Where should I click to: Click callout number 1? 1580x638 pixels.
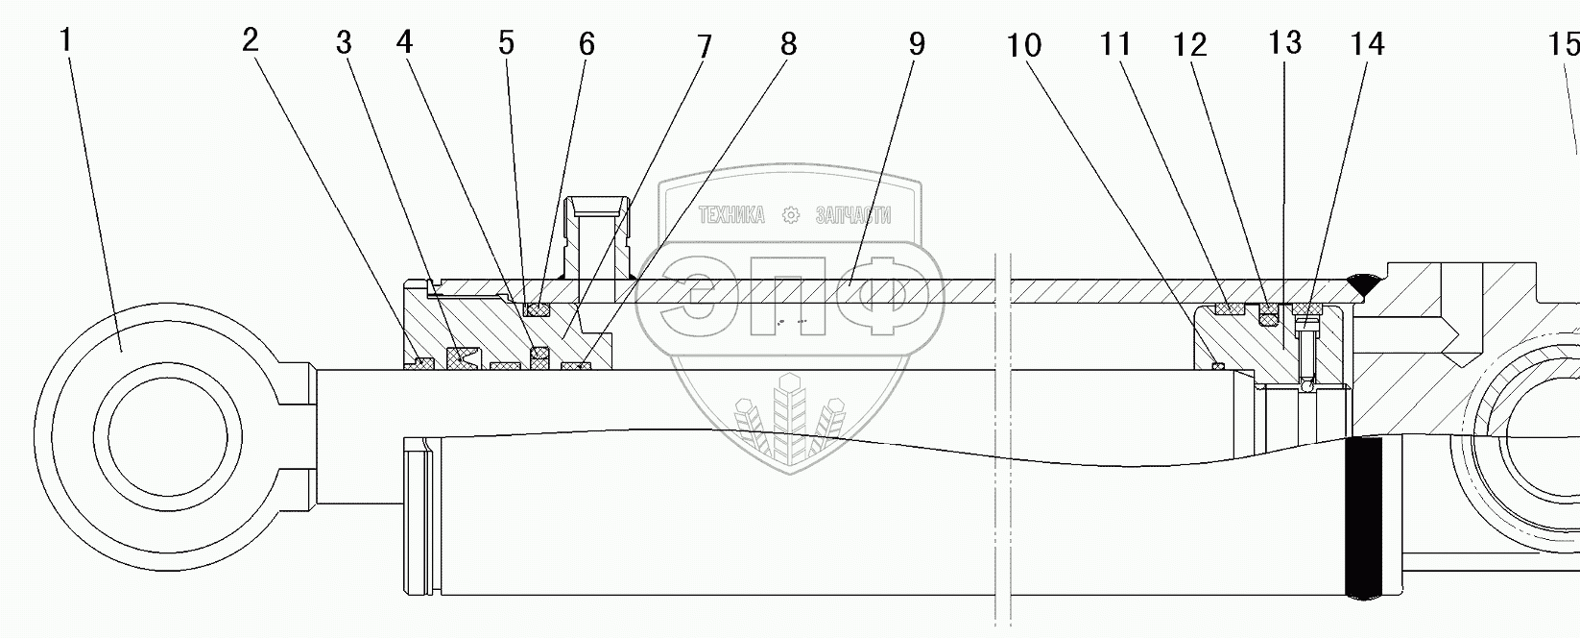click(x=65, y=41)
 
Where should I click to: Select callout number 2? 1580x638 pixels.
click(x=251, y=40)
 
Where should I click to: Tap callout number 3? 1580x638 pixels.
click(x=344, y=43)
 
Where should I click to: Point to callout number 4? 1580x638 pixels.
click(x=404, y=42)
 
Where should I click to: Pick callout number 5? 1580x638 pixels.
click(x=506, y=43)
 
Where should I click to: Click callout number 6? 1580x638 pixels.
click(x=587, y=44)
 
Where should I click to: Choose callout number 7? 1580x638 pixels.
click(x=705, y=46)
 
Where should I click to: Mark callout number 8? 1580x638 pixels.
click(x=788, y=44)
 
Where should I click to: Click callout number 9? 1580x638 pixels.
click(x=916, y=44)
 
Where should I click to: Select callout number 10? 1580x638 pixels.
click(x=1024, y=45)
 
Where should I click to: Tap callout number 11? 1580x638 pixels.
click(x=1116, y=44)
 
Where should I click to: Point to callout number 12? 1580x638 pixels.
click(x=1190, y=44)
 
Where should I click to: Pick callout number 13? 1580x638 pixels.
click(x=1284, y=43)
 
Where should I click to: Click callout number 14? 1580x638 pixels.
click(x=1367, y=44)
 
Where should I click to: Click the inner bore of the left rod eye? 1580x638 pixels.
click(x=168, y=437)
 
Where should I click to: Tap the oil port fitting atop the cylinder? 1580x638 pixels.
click(x=597, y=235)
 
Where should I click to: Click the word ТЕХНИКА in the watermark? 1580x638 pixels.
click(x=731, y=215)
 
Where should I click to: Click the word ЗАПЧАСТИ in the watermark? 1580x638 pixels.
click(x=852, y=215)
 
